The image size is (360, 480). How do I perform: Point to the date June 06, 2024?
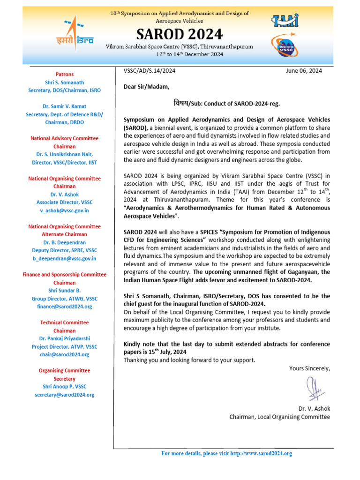303,71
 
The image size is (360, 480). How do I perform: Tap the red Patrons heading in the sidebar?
65,74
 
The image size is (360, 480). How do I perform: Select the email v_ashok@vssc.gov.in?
65,210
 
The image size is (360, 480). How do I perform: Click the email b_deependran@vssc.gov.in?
65,258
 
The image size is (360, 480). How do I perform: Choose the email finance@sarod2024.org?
65,306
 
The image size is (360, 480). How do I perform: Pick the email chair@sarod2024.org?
65,354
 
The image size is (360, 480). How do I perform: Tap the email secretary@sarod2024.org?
65,395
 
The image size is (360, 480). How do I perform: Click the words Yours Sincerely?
309,368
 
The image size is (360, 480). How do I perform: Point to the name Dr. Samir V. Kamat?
65,106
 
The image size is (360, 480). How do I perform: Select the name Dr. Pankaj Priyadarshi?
65,338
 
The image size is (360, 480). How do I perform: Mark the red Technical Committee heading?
65,322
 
